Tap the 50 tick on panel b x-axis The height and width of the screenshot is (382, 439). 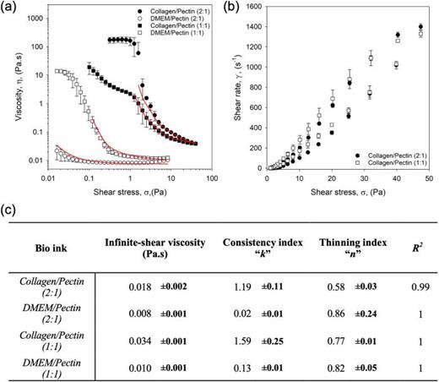429,179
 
